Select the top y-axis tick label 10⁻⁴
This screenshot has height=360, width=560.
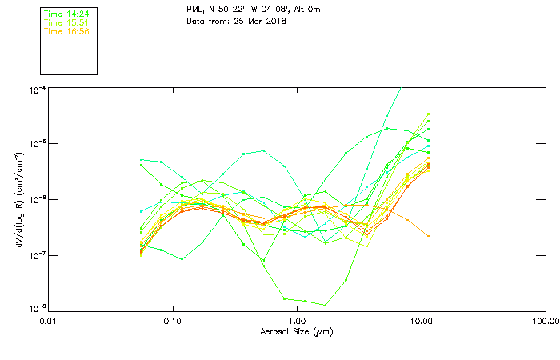pos(37,90)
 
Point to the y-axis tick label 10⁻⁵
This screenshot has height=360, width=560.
pos(37,144)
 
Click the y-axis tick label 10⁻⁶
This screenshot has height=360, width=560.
pos(37,199)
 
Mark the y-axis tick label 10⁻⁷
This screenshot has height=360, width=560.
pos(37,255)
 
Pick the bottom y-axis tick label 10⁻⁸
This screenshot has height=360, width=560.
pos(37,309)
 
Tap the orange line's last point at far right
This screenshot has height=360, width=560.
pos(429,236)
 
